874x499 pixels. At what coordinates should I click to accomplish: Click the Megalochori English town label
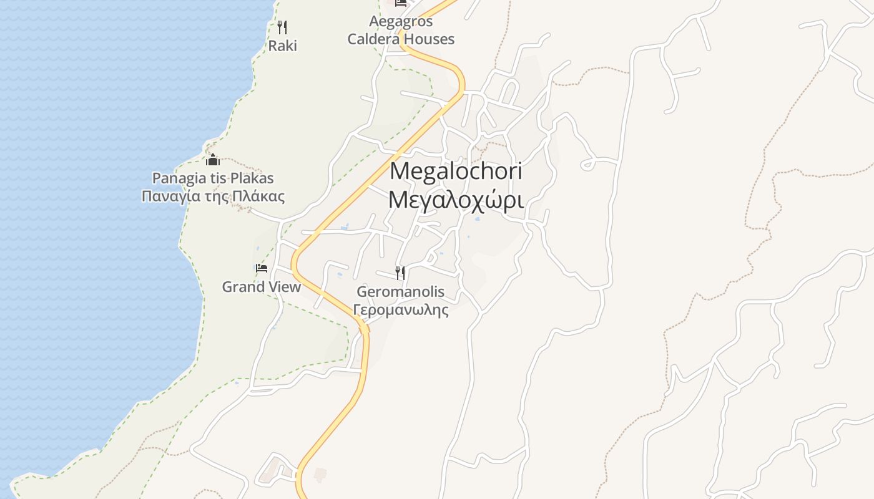456,171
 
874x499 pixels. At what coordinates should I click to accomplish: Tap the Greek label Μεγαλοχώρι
456,200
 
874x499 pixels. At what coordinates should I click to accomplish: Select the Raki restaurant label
282,46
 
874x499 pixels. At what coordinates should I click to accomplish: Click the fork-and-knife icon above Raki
282,27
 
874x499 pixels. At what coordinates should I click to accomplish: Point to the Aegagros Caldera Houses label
401,31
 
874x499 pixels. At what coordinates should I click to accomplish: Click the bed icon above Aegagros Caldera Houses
401,3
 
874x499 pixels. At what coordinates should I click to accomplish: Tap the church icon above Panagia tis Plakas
213,159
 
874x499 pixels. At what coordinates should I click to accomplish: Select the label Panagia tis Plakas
213,178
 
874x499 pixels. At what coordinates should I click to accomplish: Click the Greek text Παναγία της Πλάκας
213,196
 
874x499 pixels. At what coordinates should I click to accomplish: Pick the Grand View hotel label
262,287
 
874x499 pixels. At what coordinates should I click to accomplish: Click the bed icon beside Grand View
262,268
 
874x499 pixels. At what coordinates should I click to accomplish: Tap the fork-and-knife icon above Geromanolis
400,273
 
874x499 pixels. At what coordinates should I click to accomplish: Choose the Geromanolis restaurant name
400,291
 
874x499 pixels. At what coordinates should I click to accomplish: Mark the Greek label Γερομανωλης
400,309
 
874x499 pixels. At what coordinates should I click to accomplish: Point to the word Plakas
252,178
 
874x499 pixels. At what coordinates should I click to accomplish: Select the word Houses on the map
429,39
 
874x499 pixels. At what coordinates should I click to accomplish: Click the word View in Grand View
281,287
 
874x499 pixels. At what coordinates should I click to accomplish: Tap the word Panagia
175,178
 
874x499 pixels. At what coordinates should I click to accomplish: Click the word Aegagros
401,22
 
